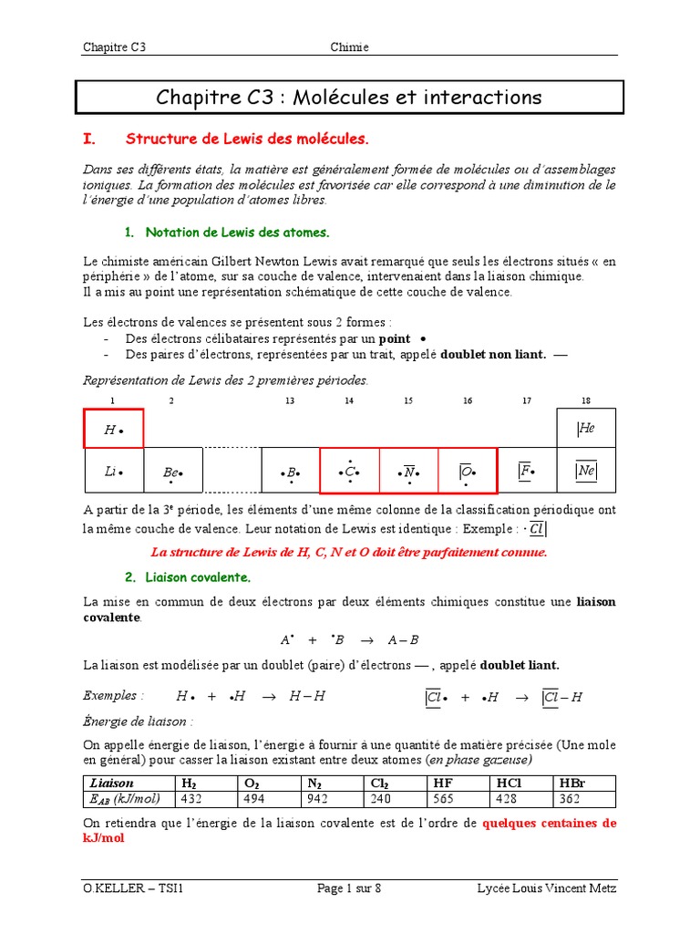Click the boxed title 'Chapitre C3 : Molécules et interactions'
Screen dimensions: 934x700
point(349,97)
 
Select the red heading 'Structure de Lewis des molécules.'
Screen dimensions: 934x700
point(247,140)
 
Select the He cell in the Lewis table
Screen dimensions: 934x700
point(586,429)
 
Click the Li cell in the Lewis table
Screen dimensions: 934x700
point(114,472)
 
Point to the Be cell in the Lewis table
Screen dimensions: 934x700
point(173,472)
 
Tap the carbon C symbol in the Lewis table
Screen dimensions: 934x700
point(350,472)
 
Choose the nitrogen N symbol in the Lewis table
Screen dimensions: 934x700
point(409,472)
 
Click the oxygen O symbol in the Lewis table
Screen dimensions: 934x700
point(468,472)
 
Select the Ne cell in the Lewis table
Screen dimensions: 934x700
point(586,472)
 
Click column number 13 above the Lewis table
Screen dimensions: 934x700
point(290,400)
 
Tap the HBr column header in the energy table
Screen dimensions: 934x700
point(569,783)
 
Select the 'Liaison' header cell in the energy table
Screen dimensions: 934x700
point(112,783)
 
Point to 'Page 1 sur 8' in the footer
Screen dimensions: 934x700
point(349,889)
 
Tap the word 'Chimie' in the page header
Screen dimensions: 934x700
point(349,47)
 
